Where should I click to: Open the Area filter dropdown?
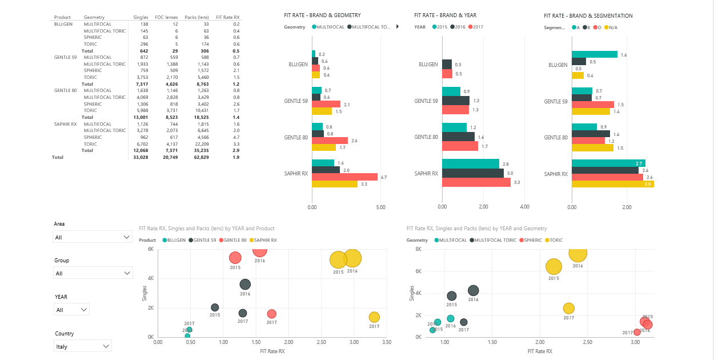coord(93,237)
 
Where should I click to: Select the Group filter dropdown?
coord(93,273)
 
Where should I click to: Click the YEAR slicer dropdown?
coord(72,310)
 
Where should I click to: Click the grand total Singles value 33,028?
coord(141,157)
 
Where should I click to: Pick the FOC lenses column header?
coord(167,18)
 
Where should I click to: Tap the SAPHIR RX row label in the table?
coord(67,124)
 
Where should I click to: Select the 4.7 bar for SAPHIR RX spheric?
coord(344,177)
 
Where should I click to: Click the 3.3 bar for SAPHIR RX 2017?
coord(476,182)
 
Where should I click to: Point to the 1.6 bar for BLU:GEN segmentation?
coord(595,54)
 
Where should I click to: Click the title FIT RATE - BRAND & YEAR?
coord(445,15)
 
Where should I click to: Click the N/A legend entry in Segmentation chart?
coord(610,27)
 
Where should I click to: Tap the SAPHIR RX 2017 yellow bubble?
coord(374,317)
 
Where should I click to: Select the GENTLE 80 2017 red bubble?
coord(272,314)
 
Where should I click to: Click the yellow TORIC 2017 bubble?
coord(568,309)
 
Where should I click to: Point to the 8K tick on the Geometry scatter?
coord(418,249)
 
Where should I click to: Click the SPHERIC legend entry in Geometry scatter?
coord(532,240)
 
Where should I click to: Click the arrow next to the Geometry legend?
coord(397,27)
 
